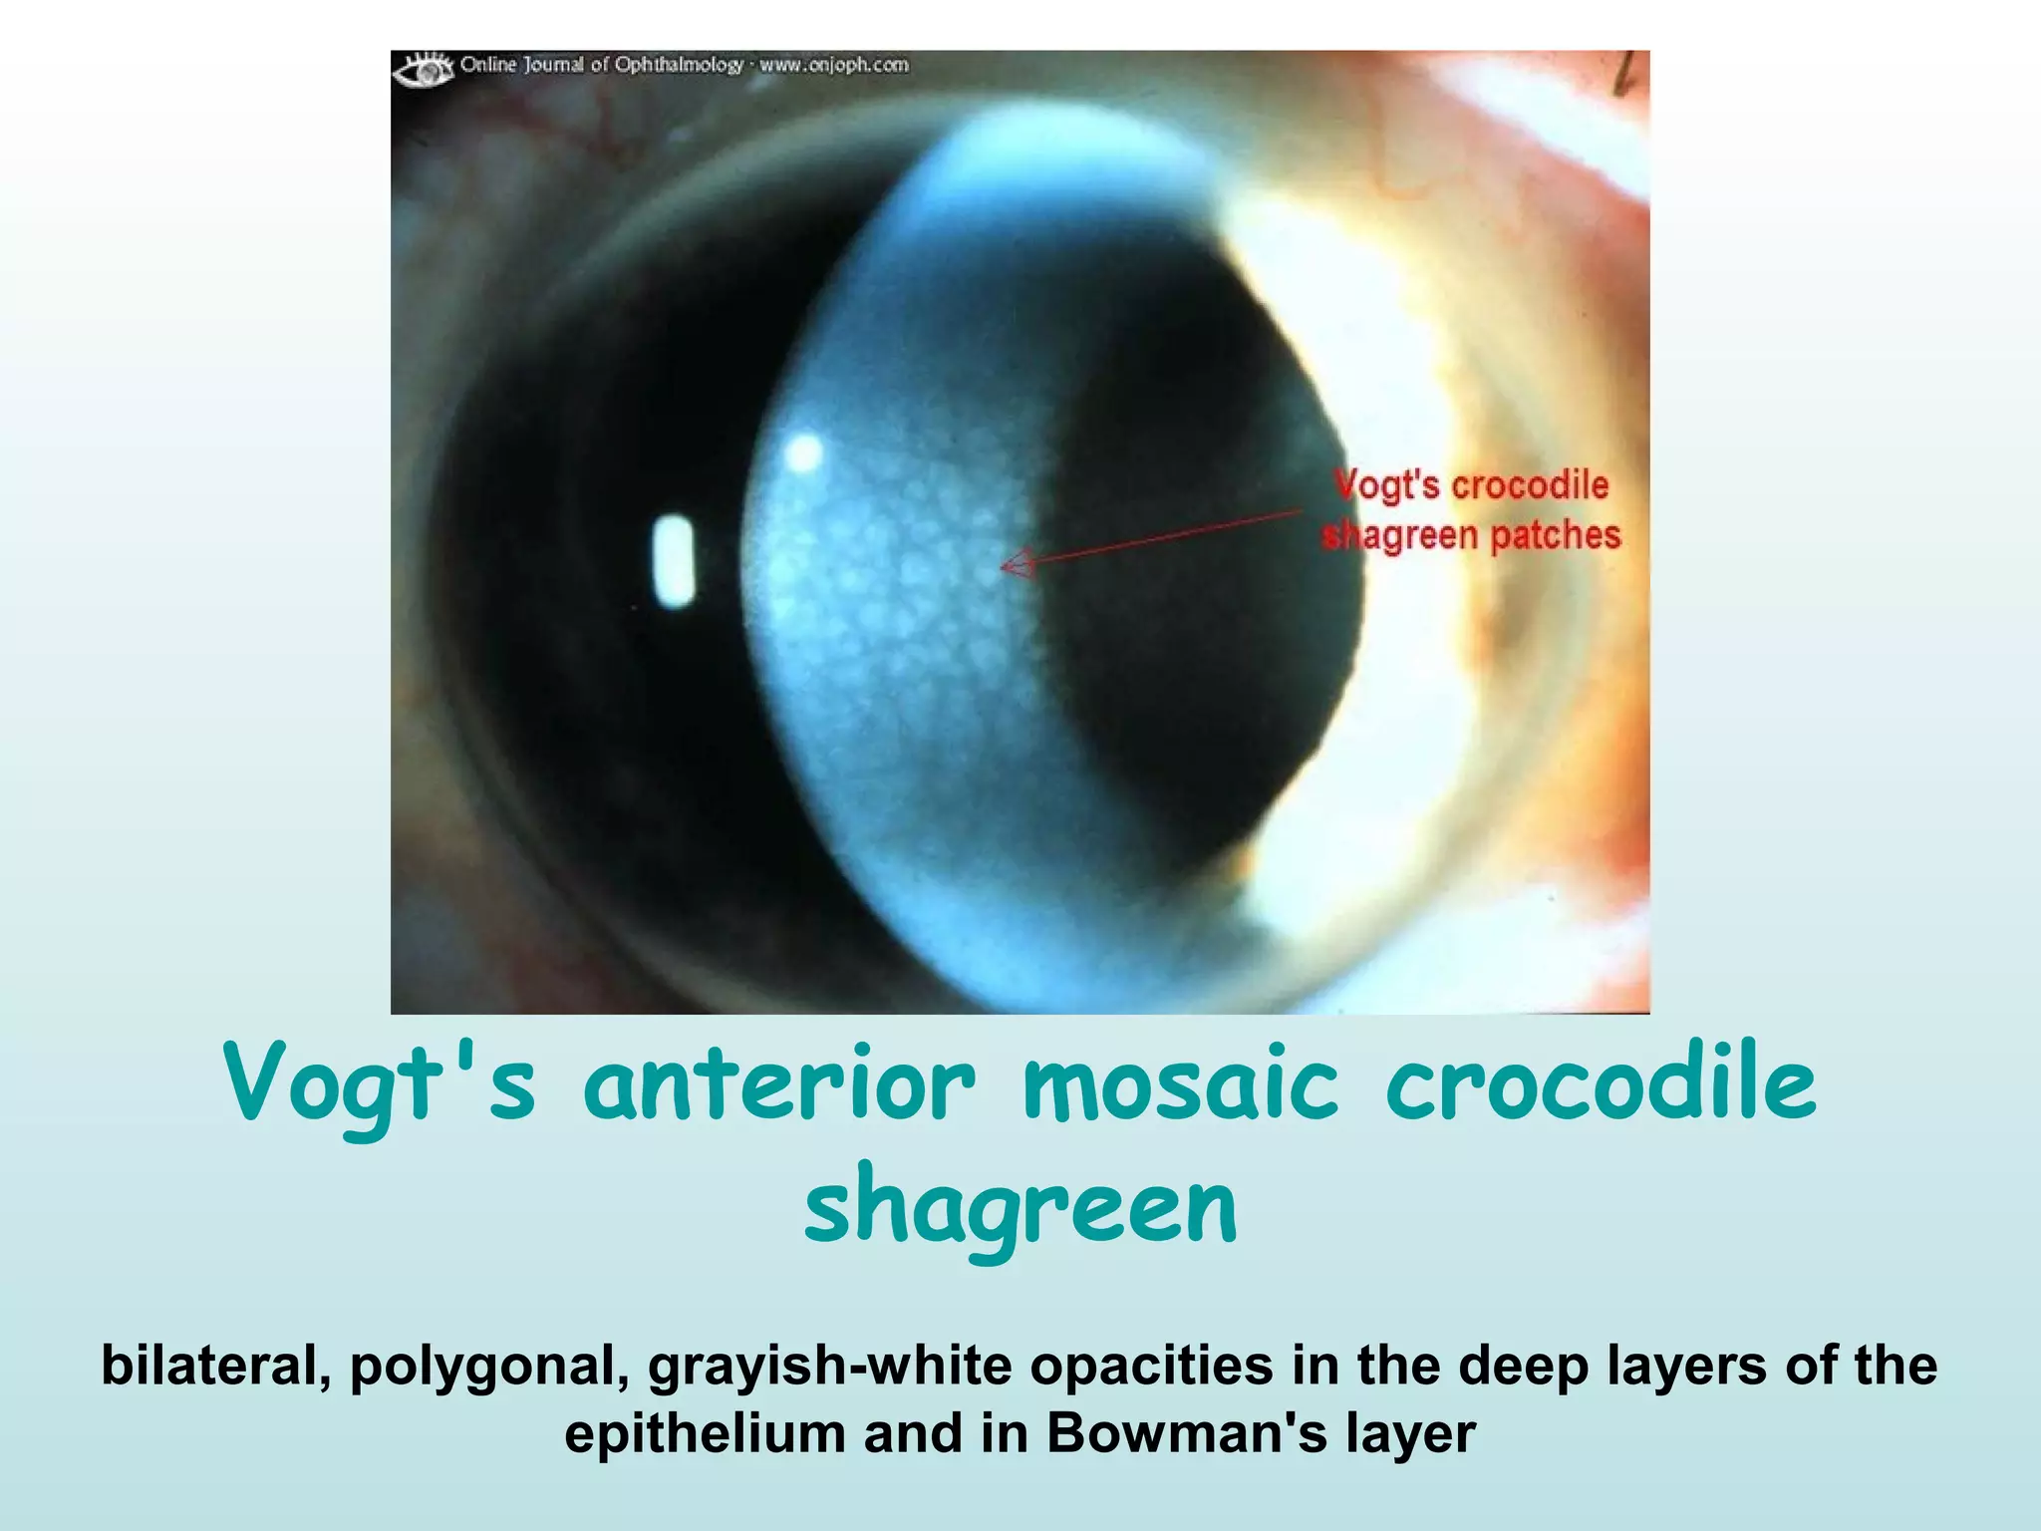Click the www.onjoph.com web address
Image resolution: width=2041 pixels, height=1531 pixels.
pyautogui.click(x=834, y=66)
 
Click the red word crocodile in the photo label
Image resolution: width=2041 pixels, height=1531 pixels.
pyautogui.click(x=1530, y=485)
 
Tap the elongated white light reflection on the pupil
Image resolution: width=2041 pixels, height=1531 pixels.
pyautogui.click(x=675, y=561)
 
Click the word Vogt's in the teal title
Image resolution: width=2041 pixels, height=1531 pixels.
pyautogui.click(x=380, y=1084)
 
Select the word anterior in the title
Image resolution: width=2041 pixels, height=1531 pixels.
pyautogui.click(x=778, y=1084)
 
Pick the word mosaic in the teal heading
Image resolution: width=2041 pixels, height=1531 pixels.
pyautogui.click(x=1181, y=1084)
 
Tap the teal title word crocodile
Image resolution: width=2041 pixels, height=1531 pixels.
pyautogui.click(x=1601, y=1084)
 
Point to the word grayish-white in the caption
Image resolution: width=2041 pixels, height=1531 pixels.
pyautogui.click(x=829, y=1367)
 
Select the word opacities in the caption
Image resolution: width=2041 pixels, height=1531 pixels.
pyautogui.click(x=1151, y=1367)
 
